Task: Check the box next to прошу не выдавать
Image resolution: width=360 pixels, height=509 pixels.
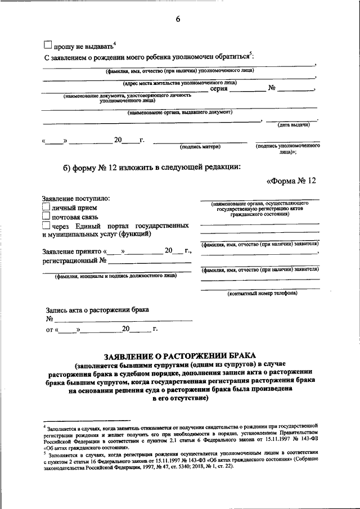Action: point(48,45)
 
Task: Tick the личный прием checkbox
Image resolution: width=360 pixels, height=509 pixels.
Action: point(47,208)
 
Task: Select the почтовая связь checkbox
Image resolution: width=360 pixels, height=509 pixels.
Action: point(47,217)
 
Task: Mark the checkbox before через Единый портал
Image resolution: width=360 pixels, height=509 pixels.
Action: point(47,226)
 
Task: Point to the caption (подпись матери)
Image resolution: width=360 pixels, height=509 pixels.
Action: point(200,147)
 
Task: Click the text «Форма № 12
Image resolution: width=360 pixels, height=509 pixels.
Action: point(291,181)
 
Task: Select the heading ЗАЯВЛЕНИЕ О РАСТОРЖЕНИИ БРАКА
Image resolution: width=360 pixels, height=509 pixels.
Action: point(180,355)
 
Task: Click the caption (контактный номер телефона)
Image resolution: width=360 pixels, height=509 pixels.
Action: point(262,294)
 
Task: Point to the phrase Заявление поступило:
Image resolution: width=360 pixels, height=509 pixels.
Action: point(76,199)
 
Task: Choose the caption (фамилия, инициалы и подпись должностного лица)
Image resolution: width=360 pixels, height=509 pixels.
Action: point(115,276)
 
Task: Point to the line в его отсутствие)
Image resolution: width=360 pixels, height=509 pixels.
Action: point(180,398)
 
